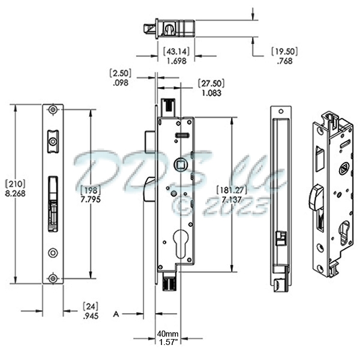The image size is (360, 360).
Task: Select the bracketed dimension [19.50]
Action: coord(284,51)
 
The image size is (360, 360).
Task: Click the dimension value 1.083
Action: coord(211,94)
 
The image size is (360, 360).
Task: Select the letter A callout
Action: coord(118,313)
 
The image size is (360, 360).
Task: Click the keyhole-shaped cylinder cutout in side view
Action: coord(178,239)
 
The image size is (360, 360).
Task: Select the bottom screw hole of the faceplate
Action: coord(54,277)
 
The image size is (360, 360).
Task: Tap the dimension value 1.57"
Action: coord(167,343)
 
